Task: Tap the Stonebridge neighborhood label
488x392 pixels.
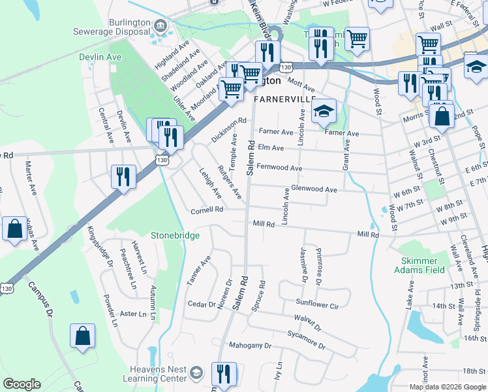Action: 175,235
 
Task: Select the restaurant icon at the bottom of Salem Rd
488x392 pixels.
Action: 223,374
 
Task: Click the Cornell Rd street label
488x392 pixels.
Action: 207,210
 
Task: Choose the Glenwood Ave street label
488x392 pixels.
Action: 314,189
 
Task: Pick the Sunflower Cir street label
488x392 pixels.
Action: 318,304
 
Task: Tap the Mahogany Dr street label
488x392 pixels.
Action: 249,345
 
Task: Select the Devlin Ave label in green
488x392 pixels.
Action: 100,57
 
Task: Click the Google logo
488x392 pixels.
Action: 22,384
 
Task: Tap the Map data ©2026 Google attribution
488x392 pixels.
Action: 447,387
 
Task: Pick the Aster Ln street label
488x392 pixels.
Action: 134,314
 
